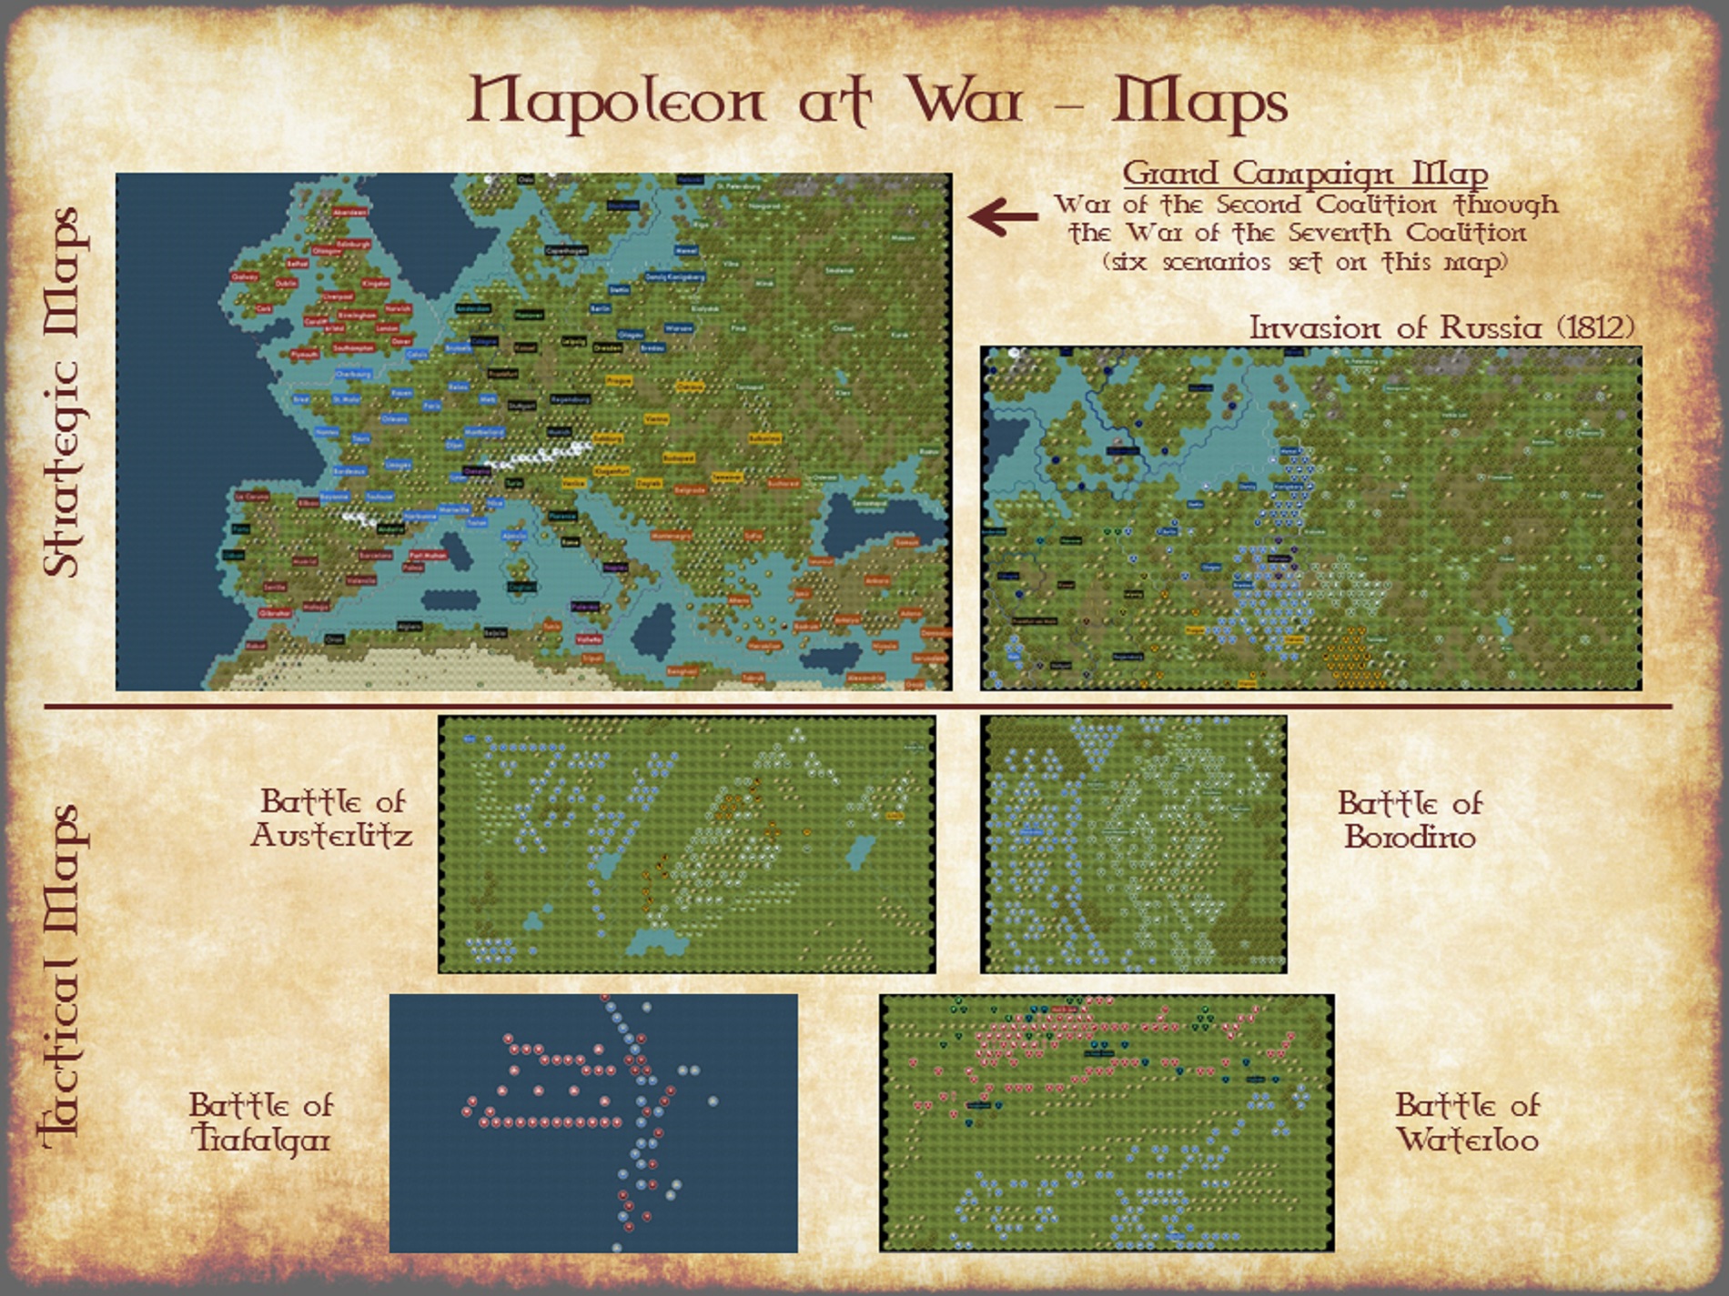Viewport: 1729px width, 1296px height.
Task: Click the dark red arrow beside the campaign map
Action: (x=1003, y=216)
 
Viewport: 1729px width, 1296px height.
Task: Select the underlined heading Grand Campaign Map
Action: (x=1305, y=173)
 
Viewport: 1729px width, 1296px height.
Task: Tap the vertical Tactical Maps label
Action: (x=64, y=973)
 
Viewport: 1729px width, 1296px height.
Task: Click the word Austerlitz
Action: (x=331, y=836)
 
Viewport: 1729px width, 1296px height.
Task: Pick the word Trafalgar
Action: (x=260, y=1140)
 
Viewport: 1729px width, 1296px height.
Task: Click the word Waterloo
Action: (x=1467, y=1140)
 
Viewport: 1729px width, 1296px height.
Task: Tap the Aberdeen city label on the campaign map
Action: (x=349, y=212)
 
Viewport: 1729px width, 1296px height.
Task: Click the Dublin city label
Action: (x=286, y=283)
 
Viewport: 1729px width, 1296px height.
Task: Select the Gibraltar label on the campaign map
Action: (x=275, y=613)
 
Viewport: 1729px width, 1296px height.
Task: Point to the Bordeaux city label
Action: (x=349, y=471)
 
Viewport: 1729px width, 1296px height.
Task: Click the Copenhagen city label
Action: (x=568, y=250)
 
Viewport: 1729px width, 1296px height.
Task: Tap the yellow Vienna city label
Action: (x=655, y=419)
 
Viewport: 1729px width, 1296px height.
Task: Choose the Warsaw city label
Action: (x=678, y=328)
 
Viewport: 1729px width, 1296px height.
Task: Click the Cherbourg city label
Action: (x=353, y=374)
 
